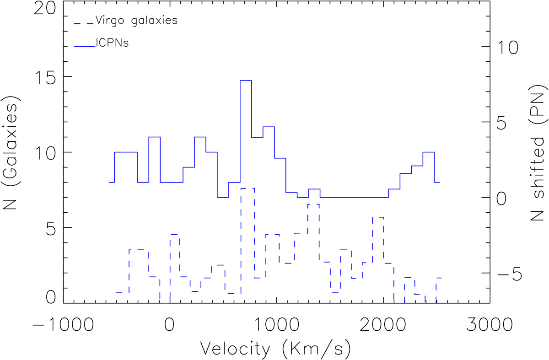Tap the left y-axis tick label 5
pos(48,227)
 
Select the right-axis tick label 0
pos(506,198)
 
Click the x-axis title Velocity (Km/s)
pos(276,350)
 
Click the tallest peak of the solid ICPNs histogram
pos(246,81)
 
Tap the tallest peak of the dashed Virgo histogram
pos(247,188)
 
